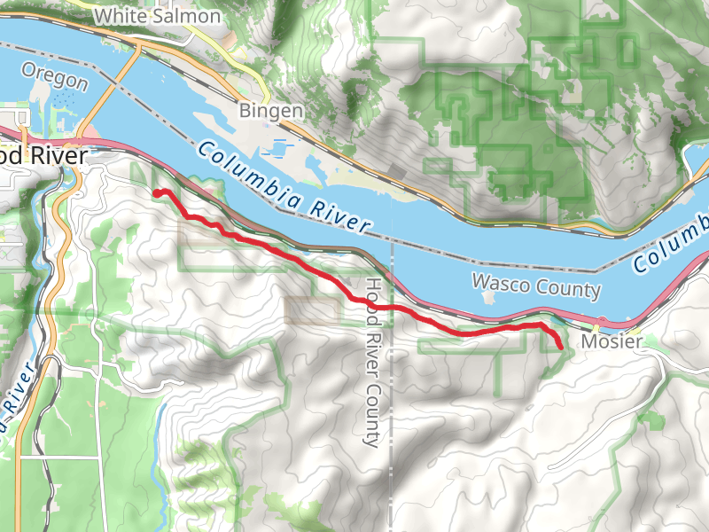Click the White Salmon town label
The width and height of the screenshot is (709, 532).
157,16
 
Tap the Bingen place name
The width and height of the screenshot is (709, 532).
271,111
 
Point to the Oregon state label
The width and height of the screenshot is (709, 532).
55,77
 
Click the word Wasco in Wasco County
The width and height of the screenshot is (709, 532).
502,284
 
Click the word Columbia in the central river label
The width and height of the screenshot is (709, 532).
245,168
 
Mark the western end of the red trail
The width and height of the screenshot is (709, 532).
157,192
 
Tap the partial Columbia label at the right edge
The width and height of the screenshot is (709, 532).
672,248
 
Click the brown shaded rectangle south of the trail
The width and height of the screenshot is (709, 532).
312,309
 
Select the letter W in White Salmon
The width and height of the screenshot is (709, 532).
103,16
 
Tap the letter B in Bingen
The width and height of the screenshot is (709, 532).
245,111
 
